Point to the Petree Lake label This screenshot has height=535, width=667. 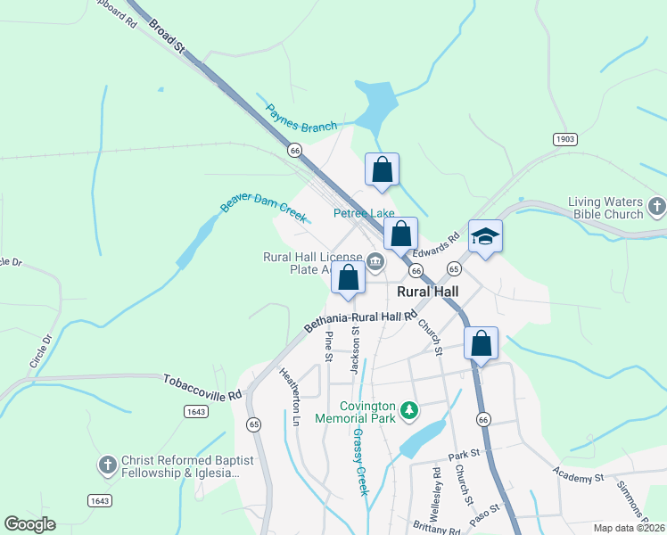point(364,214)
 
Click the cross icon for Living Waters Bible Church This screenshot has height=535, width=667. point(657,208)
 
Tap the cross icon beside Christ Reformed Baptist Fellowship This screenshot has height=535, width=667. point(107,465)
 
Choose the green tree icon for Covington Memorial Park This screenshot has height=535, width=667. point(409,410)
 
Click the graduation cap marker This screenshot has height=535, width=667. point(485,237)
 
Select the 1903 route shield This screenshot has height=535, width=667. point(564,139)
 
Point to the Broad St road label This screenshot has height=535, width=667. point(167,36)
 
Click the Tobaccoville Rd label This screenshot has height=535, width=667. point(202,387)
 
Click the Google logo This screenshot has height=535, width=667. point(30,524)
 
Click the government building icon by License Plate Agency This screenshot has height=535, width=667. point(375,261)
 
